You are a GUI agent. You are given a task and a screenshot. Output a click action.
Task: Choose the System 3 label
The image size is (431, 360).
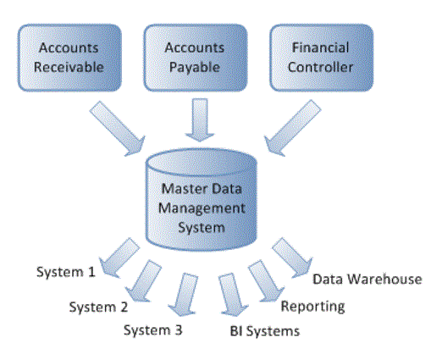[x=152, y=330]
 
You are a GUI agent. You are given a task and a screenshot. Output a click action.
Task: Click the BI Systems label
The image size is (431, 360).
[x=265, y=330]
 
